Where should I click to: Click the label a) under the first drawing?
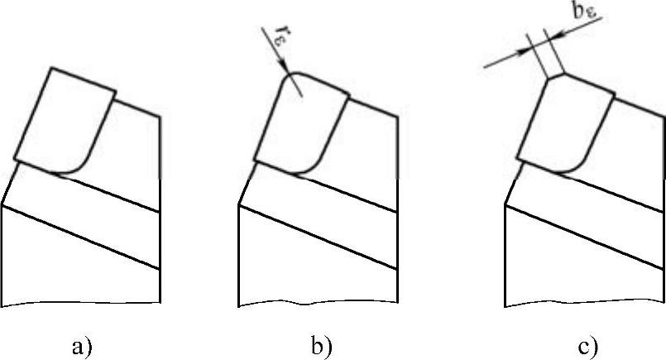[x=82, y=348]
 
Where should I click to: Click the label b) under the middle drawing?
[x=322, y=347]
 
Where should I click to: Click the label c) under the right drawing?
[x=588, y=348]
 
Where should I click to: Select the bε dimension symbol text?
[x=584, y=12]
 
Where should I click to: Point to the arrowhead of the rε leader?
[x=285, y=68]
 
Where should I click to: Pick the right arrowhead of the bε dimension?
[x=553, y=36]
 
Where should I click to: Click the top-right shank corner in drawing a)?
[x=160, y=117]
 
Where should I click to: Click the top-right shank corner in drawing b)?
[x=398, y=117]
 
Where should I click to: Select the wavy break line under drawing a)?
[x=81, y=304]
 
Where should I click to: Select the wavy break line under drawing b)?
[x=318, y=304]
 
